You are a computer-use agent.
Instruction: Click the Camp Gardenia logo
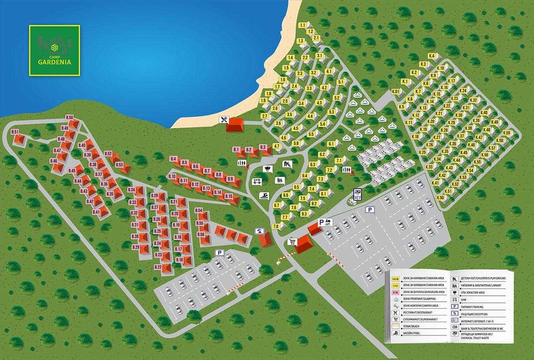(x=54, y=50)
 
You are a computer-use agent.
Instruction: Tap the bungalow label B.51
(x=15, y=132)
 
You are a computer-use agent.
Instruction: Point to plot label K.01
(x=396, y=92)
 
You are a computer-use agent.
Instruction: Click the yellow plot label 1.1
(x=303, y=25)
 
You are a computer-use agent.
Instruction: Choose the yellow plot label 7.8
(x=276, y=226)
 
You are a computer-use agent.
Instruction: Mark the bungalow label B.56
(x=201, y=234)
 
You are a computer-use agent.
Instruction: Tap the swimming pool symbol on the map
(x=264, y=196)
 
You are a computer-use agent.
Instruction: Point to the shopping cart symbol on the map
(x=292, y=241)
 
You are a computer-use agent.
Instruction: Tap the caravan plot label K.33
(x=429, y=167)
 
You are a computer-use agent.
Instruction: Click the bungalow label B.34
(x=131, y=190)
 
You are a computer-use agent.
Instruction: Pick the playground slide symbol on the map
(x=287, y=164)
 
